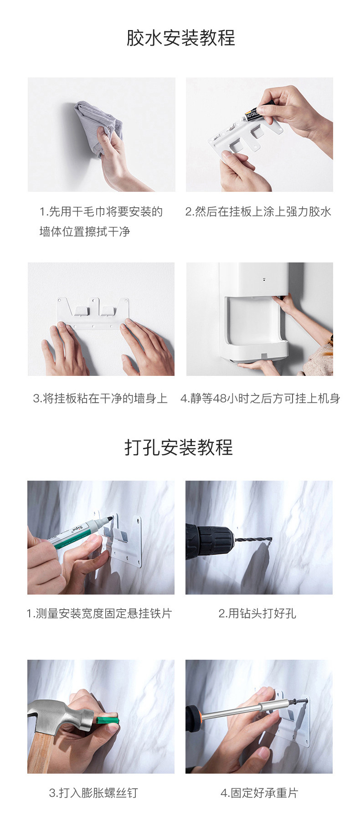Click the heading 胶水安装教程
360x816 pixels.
click(x=180, y=38)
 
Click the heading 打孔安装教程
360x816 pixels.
click(x=179, y=447)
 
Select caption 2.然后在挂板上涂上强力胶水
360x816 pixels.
click(x=258, y=211)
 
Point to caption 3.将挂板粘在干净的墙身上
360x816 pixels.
click(x=100, y=399)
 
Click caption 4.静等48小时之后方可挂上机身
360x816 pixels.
click(x=260, y=399)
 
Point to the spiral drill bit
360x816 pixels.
click(x=253, y=540)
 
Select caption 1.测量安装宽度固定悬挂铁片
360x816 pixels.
click(x=99, y=614)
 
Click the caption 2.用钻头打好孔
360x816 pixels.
click(x=257, y=614)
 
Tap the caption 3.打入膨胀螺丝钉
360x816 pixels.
click(x=93, y=793)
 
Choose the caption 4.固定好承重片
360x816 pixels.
click(x=259, y=793)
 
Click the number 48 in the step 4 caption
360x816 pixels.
click(x=220, y=399)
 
